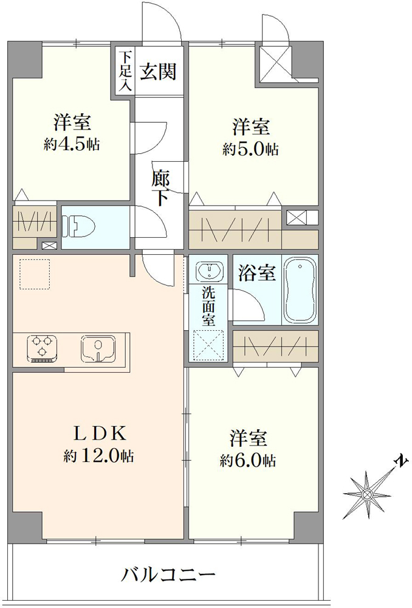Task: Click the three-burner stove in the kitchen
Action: (x=43, y=347)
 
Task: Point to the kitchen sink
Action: (x=98, y=348)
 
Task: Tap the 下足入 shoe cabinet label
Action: (x=125, y=71)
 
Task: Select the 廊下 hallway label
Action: (x=160, y=188)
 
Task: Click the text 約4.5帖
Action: (x=72, y=145)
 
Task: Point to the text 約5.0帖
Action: (x=250, y=149)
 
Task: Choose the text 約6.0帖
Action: (x=248, y=461)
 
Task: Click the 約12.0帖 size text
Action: (x=99, y=456)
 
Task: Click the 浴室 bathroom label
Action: (x=257, y=272)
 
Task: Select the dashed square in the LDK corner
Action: (x=35, y=274)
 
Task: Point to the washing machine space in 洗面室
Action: (x=208, y=345)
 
